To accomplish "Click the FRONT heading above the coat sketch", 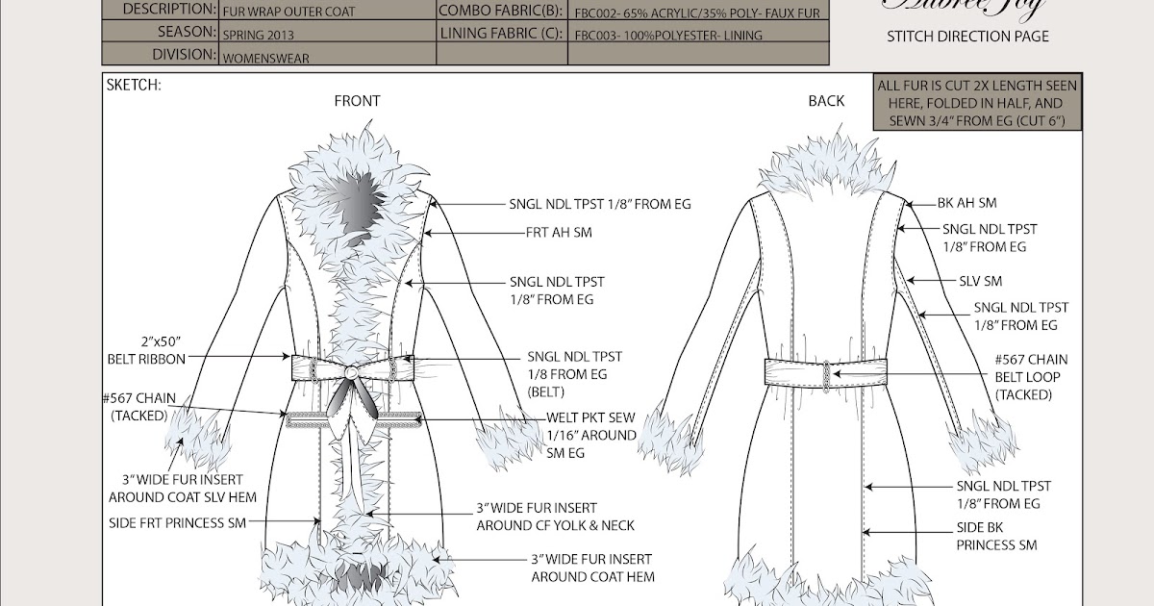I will [x=357, y=101].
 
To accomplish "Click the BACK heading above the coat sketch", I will [x=826, y=101].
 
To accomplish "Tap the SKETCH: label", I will [x=135, y=85].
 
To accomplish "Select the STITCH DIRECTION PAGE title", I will [x=967, y=37].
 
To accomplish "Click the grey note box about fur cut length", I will [x=977, y=102].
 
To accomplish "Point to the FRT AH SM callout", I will [x=559, y=233].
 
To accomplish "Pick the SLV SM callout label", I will [x=981, y=281].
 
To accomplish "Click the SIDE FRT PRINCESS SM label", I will [x=177, y=522].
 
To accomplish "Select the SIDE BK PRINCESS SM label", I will [x=996, y=537].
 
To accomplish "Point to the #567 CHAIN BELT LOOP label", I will [x=1031, y=377].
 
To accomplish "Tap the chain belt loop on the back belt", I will [x=825, y=371].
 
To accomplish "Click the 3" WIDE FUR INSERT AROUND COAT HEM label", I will [x=592, y=568].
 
